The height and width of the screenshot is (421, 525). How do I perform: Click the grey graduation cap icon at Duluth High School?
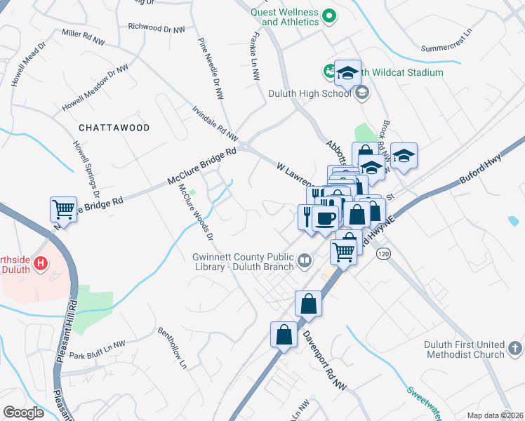coord(361,93)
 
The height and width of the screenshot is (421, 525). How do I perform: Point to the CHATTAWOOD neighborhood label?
coord(114,128)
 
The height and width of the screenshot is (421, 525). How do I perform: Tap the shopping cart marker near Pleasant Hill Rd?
coord(63,210)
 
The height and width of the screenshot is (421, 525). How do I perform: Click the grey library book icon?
coord(305,262)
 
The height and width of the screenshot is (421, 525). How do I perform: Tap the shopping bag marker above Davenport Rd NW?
coord(308,304)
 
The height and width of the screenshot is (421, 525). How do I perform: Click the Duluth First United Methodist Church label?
coord(464,349)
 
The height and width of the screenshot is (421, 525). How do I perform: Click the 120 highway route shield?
coord(383,252)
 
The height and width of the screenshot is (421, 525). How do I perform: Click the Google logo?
coord(23,413)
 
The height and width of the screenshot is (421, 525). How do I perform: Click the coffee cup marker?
coord(326,218)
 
